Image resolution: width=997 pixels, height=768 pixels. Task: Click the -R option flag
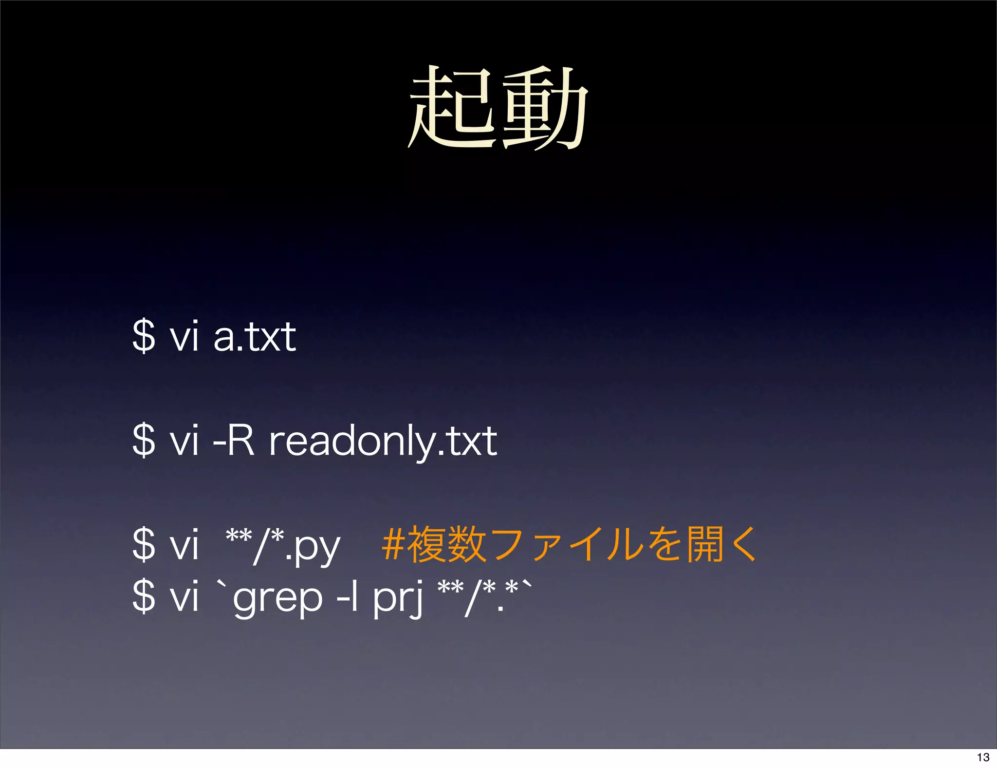coord(234,440)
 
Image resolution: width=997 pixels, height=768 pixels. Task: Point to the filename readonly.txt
coord(383,441)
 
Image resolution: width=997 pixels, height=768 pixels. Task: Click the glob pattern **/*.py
coord(283,545)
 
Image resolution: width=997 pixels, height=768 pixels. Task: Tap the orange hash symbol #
coord(393,544)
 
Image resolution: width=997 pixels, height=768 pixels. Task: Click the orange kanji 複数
coord(446,544)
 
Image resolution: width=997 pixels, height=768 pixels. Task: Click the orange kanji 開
coord(705,544)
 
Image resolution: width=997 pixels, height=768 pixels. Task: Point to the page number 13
coord(983,757)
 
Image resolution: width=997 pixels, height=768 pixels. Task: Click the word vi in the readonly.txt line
coord(184,440)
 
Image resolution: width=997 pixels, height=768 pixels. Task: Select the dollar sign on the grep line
coord(144,595)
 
